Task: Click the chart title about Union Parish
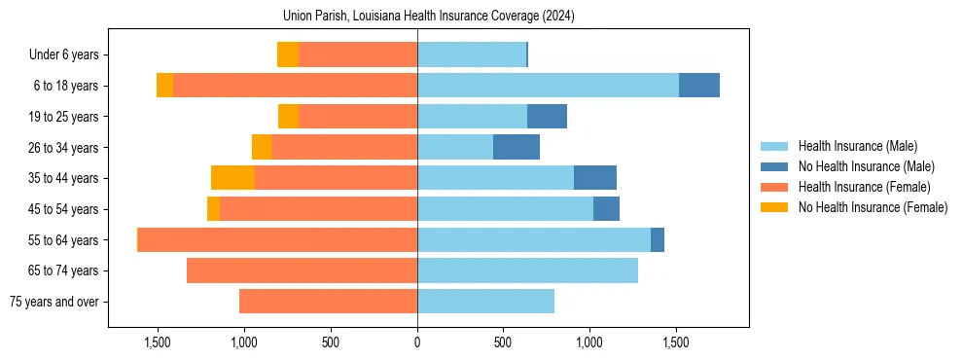429,17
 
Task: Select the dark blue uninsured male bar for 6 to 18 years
698,86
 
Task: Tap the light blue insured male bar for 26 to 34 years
455,147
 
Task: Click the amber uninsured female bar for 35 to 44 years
232,178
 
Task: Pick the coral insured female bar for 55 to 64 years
278,239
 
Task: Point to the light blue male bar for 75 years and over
485,302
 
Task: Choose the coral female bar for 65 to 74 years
302,270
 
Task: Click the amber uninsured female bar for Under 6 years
288,54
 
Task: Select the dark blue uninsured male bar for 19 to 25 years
547,117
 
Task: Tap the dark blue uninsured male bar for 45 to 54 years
606,209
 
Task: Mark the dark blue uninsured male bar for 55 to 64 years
658,239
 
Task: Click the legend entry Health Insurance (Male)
857,147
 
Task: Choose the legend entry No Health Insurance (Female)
873,207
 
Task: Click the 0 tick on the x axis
417,342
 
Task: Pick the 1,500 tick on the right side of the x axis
676,342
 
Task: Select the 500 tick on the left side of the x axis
331,342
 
